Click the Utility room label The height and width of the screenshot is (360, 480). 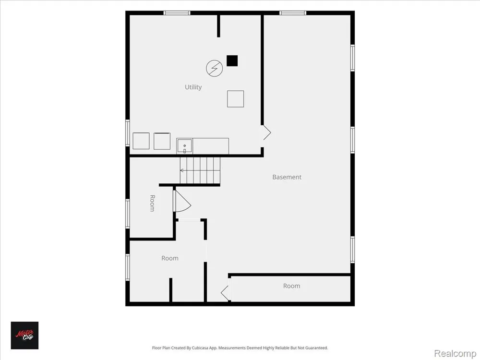193,87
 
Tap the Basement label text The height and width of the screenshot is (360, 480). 287,177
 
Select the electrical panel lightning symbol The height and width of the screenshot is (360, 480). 214,68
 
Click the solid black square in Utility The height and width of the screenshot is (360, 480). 232,60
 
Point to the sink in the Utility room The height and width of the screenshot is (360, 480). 184,146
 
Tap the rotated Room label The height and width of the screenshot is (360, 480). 152,203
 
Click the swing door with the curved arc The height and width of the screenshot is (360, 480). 182,201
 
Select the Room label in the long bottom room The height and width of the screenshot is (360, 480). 291,286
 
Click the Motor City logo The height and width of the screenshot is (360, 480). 25,335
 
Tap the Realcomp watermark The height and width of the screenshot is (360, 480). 455,353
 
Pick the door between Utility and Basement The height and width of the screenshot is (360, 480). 266,133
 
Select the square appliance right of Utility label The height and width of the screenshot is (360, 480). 235,98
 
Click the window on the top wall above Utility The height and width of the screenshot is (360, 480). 177,13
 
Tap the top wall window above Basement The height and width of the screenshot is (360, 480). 293,13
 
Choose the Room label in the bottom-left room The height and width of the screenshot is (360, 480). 170,258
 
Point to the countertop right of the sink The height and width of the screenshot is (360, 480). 211,146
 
